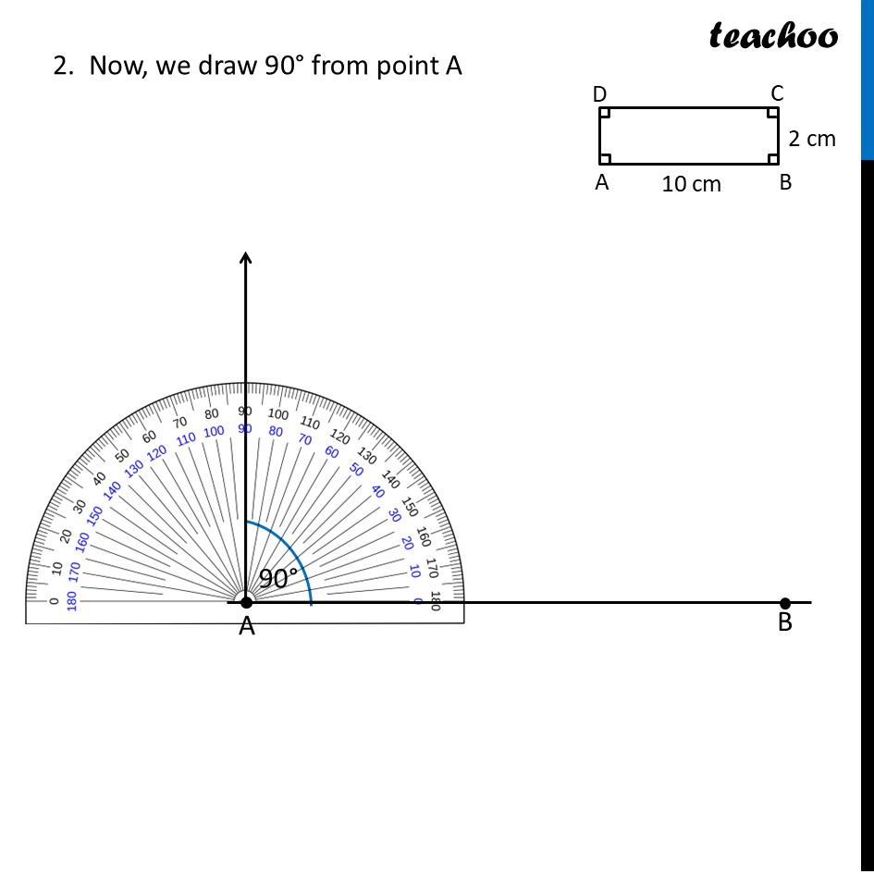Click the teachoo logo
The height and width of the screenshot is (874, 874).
tap(773, 35)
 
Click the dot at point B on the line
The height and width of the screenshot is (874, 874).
tap(785, 603)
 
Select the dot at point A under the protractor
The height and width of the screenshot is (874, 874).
tap(246, 602)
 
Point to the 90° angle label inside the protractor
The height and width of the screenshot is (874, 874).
tap(278, 578)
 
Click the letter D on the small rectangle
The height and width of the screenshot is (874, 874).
tap(599, 94)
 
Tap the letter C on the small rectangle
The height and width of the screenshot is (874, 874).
tap(777, 93)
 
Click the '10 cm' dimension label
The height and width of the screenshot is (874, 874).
tap(691, 184)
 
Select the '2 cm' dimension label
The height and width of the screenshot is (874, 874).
tap(812, 139)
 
